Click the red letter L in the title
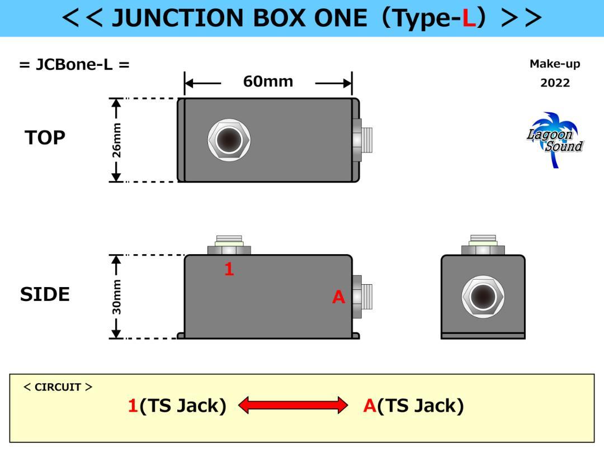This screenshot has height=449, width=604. [469, 18]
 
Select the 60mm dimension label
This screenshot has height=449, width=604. [268, 82]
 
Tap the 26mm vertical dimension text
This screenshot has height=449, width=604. [116, 140]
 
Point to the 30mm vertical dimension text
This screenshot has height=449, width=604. [116, 297]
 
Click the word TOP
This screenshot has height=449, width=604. [45, 138]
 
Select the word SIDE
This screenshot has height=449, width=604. [45, 294]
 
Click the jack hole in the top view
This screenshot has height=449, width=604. [229, 140]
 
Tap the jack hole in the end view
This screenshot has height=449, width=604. [483, 296]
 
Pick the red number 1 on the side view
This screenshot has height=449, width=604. [229, 269]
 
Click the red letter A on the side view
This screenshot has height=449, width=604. [338, 297]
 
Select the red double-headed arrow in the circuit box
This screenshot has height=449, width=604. [293, 405]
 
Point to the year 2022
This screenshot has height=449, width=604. [555, 83]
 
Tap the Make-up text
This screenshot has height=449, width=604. [555, 64]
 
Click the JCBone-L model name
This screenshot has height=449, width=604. [74, 64]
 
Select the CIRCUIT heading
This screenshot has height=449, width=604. [58, 387]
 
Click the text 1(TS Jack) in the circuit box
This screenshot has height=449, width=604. [177, 405]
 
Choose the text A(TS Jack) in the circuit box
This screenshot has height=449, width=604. [413, 405]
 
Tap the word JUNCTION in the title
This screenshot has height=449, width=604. [178, 18]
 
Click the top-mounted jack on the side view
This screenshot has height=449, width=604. [229, 245]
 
